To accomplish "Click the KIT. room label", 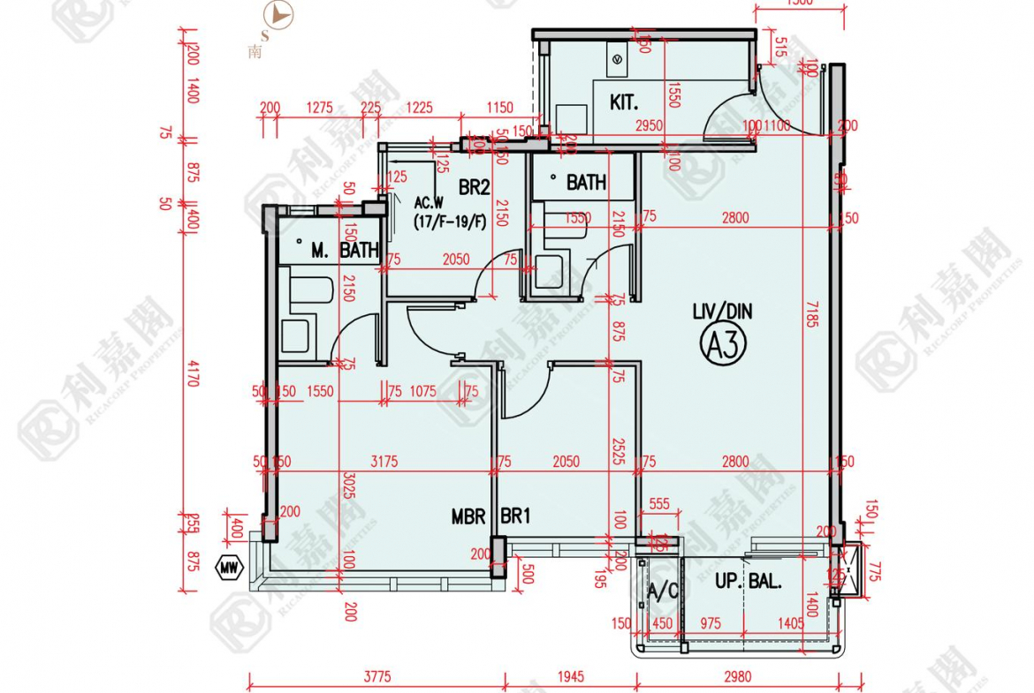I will pyautogui.click(x=623, y=102).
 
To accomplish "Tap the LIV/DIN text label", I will pyautogui.click(x=722, y=311).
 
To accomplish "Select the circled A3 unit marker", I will pyautogui.click(x=724, y=343).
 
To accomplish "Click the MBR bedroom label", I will pyautogui.click(x=468, y=516).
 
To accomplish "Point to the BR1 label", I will pyautogui.click(x=515, y=516).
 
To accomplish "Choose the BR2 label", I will pyautogui.click(x=474, y=187).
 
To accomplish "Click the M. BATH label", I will pyautogui.click(x=344, y=251).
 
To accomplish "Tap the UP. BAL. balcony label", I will pyautogui.click(x=749, y=582).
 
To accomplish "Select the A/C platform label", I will pyautogui.click(x=662, y=591).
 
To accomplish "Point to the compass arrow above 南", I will pyautogui.click(x=280, y=15).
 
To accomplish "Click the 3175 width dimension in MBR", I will pyautogui.click(x=384, y=462).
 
